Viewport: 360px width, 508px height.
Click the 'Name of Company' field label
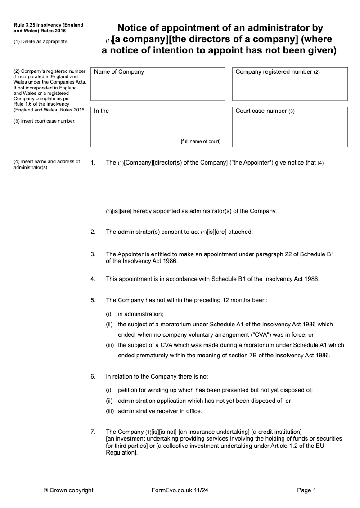click(119, 72)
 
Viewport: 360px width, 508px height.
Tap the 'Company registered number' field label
click(274, 72)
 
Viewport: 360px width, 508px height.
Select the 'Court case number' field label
click(261, 111)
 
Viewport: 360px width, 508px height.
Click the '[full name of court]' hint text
click(201, 141)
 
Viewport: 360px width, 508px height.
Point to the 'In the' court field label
click(101, 111)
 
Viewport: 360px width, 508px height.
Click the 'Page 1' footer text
click(307, 490)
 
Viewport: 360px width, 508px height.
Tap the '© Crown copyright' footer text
click(68, 490)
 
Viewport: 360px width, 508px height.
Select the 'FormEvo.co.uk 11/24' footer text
click(180, 490)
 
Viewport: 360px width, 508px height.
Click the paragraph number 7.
click(93, 432)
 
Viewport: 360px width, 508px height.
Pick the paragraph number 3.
click(93, 254)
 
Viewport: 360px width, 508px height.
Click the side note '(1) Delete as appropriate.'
click(41, 42)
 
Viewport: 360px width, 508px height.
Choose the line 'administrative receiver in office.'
click(160, 411)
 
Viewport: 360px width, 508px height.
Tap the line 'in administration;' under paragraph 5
click(140, 314)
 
